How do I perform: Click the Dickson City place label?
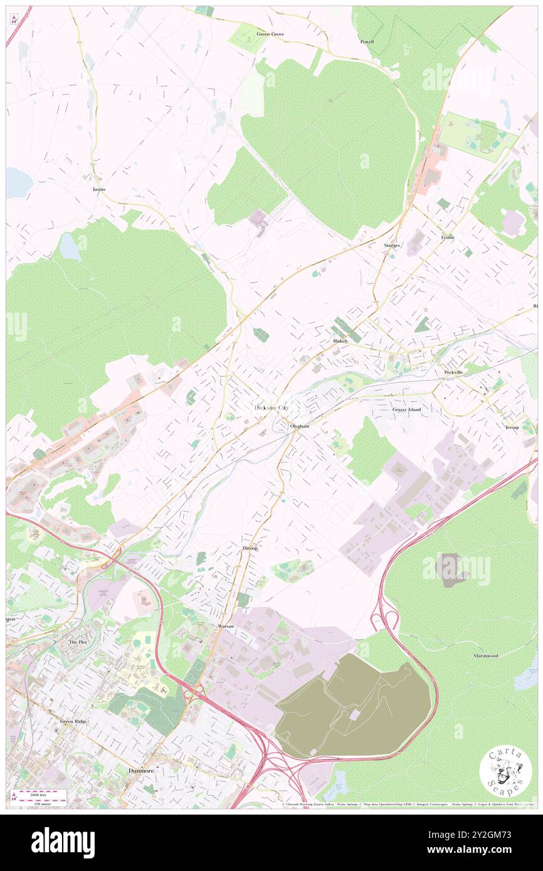[x=272, y=408]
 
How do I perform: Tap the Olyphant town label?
[x=300, y=426]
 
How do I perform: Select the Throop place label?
[x=250, y=548]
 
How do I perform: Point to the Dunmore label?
[x=141, y=770]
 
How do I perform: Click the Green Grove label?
[x=270, y=34]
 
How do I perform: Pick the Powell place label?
[x=367, y=42]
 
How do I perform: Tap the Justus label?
[x=98, y=189]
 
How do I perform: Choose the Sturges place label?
[x=392, y=246]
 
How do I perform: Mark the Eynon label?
[x=447, y=238]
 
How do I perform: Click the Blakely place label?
[x=340, y=341]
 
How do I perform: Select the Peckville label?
[x=453, y=372]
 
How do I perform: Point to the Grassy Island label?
[x=407, y=410]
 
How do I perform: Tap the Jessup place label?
[x=512, y=427]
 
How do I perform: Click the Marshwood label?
[x=486, y=655]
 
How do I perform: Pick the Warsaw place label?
[x=225, y=627]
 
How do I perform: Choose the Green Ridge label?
[x=73, y=721]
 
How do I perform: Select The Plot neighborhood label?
[x=78, y=642]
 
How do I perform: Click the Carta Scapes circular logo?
[x=505, y=773]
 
